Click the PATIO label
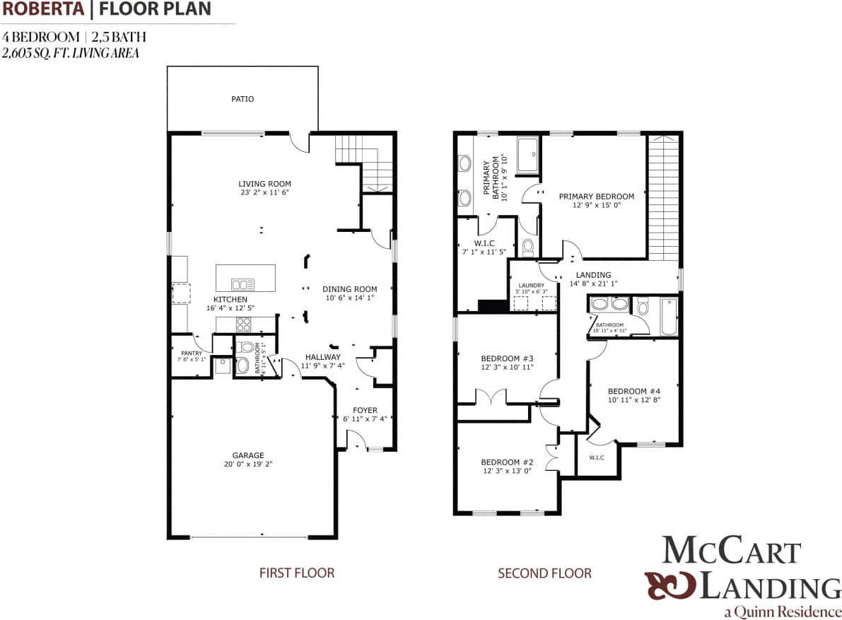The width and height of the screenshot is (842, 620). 242,99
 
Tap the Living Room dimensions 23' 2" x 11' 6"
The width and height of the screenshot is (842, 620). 265,192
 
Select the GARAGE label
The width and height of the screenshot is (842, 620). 248,455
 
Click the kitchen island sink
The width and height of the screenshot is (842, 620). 242,285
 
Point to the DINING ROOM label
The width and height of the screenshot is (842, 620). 349,288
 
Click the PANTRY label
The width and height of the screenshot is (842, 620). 192,353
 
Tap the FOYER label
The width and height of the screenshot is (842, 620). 365,410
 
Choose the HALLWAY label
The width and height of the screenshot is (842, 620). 323,357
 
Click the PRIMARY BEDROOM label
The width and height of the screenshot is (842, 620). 596,197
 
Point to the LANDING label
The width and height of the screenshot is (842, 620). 593,275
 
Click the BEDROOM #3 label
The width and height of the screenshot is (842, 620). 507,358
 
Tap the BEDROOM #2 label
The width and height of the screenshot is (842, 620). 507,462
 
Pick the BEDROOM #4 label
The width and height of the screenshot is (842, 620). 633,391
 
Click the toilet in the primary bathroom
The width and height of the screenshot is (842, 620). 528,247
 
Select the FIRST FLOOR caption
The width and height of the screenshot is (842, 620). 297,573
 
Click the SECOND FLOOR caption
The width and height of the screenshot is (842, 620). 544,573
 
